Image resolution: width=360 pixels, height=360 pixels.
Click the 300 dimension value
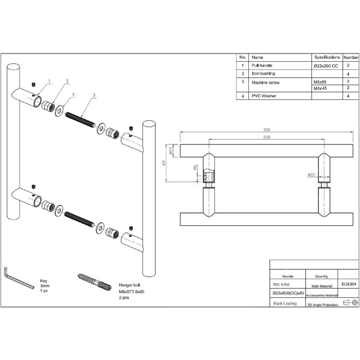point(253,130)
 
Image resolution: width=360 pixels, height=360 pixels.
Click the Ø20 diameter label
point(312,175)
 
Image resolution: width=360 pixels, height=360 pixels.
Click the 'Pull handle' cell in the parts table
point(262,66)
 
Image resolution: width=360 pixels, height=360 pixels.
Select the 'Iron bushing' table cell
point(263,74)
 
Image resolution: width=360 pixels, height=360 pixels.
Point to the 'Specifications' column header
point(327,57)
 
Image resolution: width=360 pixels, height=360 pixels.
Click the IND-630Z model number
point(280,283)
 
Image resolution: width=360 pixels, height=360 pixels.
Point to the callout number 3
point(95,95)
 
